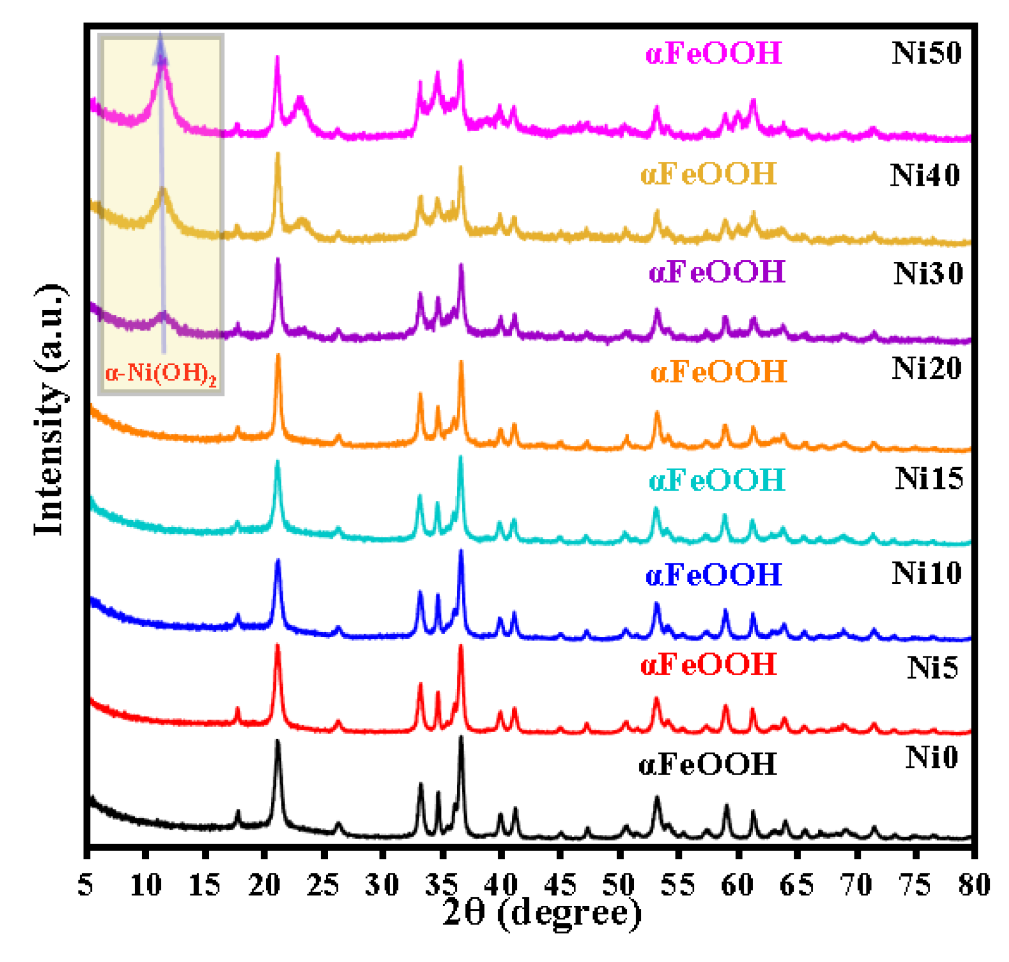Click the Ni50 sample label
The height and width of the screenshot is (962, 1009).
926,53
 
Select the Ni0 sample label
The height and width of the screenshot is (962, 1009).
932,758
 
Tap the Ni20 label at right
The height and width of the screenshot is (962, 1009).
926,369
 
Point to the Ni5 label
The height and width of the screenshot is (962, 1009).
932,668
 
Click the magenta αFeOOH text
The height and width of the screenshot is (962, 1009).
714,54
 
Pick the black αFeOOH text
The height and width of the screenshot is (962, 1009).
707,764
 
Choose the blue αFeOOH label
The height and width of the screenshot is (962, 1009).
714,575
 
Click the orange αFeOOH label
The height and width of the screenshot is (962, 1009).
719,373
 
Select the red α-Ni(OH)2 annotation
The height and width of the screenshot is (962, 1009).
161,374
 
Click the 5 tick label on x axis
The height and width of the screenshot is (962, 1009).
86,885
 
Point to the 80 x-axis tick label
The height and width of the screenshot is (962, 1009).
974,885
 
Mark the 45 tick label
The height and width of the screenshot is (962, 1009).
560,885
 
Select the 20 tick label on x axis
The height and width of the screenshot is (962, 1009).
264,885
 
